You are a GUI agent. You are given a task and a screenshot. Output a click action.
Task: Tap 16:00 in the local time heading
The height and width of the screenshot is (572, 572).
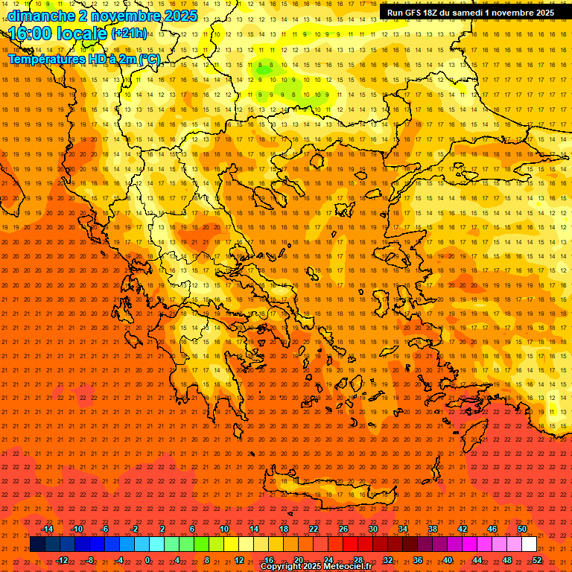pyautogui.click(x=30, y=33)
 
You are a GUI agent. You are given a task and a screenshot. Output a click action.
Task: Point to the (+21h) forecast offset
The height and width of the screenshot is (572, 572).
pyautogui.click(x=129, y=34)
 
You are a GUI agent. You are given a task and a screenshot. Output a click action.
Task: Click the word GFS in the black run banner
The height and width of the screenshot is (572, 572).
pyautogui.click(x=417, y=13)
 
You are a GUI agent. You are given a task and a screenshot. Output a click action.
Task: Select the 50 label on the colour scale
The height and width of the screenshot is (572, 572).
pyautogui.click(x=522, y=529)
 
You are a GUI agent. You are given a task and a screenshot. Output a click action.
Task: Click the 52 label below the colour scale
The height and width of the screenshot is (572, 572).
pyautogui.click(x=537, y=560)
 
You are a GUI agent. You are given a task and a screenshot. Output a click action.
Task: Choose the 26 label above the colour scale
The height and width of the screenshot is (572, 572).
pyautogui.click(x=343, y=529)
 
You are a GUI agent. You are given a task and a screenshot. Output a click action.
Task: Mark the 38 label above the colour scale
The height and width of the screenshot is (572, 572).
pyautogui.click(x=433, y=529)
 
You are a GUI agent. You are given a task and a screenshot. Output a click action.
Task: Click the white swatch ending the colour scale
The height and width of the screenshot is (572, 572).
pyautogui.click(x=530, y=544)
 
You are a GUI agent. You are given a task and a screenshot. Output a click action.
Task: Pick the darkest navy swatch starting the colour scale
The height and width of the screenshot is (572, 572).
pyautogui.click(x=37, y=544)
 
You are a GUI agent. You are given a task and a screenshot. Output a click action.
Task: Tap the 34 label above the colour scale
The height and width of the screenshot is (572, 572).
pyautogui.click(x=403, y=529)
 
